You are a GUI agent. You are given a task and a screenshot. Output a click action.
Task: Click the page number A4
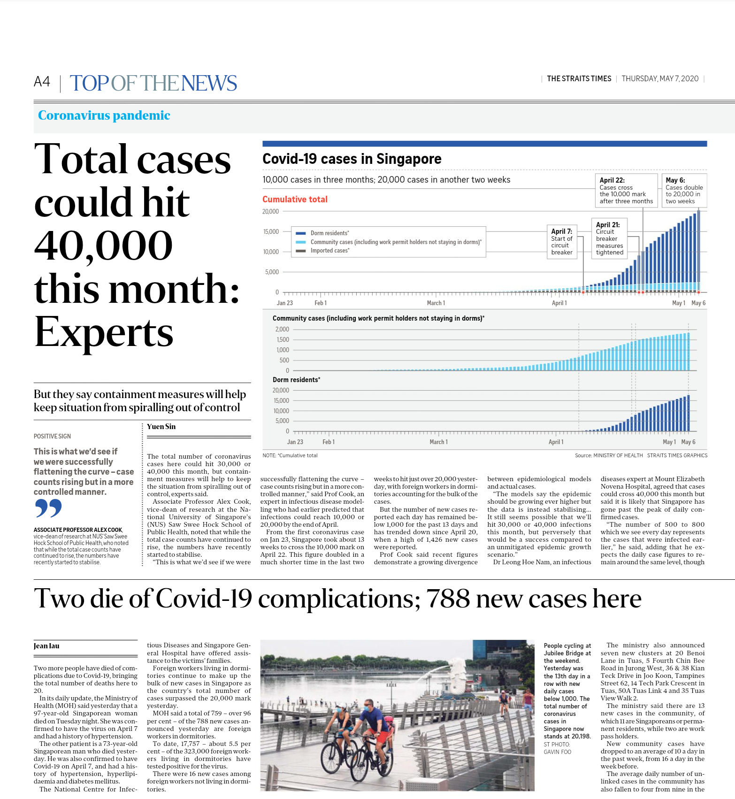(42, 82)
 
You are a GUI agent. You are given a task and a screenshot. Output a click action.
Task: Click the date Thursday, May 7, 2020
(660, 79)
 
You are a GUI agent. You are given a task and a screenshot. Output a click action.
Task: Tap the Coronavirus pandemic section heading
(104, 115)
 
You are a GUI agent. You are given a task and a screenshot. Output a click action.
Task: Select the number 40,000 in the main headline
(104, 246)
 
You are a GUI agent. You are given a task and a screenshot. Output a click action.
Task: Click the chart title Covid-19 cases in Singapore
(352, 159)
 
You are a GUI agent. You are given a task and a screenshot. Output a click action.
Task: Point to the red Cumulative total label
(295, 200)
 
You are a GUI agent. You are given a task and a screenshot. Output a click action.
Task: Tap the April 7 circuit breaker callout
(562, 242)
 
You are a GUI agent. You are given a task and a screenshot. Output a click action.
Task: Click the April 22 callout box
(626, 191)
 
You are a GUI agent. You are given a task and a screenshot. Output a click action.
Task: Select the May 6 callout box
(684, 191)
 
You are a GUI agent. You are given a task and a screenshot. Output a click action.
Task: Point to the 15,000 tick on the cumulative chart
(271, 232)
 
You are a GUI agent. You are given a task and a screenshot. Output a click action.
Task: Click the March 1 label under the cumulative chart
(436, 303)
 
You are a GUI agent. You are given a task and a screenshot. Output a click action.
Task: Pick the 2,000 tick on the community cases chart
(282, 330)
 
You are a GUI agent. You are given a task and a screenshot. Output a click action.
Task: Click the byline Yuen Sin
(161, 427)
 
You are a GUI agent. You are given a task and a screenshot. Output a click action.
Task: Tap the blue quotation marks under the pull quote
(48, 508)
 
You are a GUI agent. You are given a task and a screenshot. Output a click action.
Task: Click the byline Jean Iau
(46, 646)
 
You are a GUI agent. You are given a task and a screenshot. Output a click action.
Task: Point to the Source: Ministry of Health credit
(608, 455)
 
